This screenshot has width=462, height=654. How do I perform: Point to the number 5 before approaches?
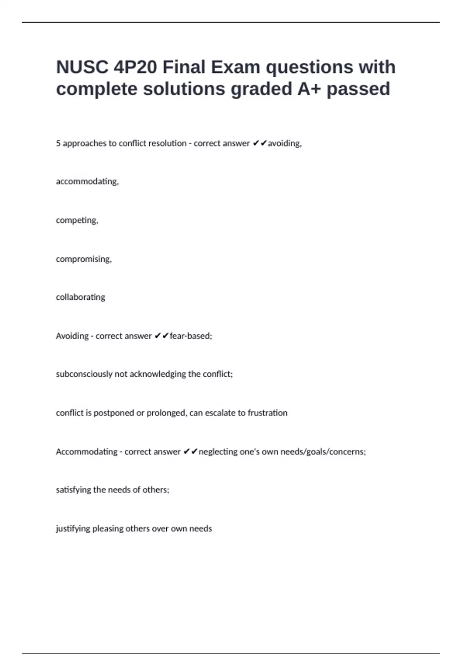pyautogui.click(x=58, y=143)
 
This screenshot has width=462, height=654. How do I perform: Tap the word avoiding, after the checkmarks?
pyautogui.click(x=285, y=143)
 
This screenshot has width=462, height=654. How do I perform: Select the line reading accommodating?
pyautogui.click(x=87, y=182)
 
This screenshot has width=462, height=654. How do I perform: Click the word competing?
pyautogui.click(x=77, y=220)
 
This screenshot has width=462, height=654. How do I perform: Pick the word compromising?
pyautogui.click(x=84, y=259)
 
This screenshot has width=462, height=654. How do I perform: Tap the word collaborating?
pyautogui.click(x=80, y=297)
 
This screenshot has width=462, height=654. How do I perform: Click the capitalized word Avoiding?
pyautogui.click(x=72, y=336)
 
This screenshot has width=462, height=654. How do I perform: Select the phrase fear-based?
pyautogui.click(x=191, y=336)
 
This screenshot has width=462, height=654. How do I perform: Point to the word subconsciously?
pyautogui.click(x=84, y=374)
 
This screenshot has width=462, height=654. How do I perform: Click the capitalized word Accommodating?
pyautogui.click(x=86, y=452)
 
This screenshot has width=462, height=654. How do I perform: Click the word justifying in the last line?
pyautogui.click(x=73, y=529)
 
